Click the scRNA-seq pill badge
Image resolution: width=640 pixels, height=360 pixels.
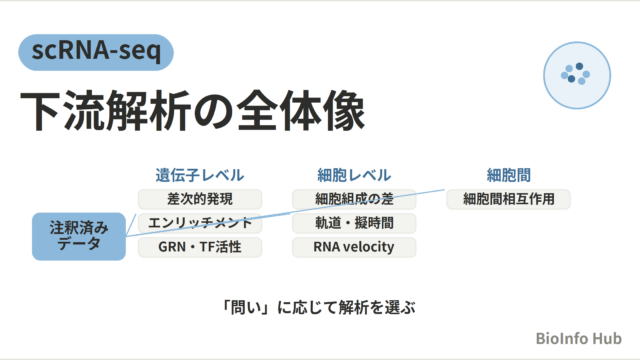96,52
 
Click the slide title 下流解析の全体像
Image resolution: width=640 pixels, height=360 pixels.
192,111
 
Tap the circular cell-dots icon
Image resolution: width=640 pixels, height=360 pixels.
577,75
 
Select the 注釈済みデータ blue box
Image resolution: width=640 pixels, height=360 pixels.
79,236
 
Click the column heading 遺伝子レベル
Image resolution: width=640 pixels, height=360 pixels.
200,175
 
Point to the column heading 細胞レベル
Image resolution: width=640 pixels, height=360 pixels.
354,175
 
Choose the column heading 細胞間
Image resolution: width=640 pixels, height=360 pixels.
509,175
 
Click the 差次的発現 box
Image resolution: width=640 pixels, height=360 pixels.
200,199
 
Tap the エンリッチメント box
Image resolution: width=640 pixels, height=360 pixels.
200,223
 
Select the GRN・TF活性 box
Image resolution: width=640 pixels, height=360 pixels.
200,247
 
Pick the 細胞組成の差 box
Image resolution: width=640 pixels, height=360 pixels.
354,199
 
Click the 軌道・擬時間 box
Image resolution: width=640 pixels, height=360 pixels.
354,223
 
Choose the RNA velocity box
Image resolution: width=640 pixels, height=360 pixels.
354,247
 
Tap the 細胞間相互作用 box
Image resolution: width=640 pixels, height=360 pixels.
509,199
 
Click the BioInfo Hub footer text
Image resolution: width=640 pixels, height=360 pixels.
578,338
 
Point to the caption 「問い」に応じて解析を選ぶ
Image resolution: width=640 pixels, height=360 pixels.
318,307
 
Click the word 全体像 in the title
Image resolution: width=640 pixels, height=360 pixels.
301,111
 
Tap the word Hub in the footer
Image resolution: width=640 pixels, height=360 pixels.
607,338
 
